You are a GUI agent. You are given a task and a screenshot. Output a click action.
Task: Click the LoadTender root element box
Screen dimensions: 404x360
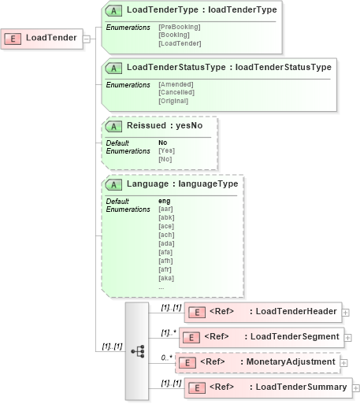click(43, 38)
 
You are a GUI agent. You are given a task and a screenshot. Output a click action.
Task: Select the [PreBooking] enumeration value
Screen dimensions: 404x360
click(179, 27)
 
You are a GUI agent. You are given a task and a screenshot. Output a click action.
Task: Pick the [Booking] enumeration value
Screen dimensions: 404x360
click(173, 35)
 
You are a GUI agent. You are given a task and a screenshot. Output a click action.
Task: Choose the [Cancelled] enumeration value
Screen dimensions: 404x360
click(176, 92)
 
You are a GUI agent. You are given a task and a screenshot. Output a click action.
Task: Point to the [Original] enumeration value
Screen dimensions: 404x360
click(174, 101)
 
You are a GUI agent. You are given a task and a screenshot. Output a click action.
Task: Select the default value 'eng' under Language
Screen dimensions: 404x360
click(165, 201)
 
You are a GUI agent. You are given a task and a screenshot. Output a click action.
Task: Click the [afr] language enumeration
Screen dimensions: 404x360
click(165, 269)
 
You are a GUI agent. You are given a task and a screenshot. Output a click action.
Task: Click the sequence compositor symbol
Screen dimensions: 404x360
click(137, 350)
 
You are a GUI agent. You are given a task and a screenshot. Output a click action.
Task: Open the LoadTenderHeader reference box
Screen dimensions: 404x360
click(265, 313)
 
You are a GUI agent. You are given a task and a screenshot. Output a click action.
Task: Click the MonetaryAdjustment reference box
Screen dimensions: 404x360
click(258, 362)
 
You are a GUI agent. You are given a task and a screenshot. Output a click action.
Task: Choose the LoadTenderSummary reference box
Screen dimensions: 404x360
click(268, 387)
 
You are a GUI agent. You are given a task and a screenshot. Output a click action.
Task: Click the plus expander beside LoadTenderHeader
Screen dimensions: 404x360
click(346, 313)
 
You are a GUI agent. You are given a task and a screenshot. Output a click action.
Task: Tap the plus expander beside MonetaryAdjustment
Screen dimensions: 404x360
click(344, 363)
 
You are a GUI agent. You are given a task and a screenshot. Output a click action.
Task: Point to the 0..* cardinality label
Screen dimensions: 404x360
click(165, 358)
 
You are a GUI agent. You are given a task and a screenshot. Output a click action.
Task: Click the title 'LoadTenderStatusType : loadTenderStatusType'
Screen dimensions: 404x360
click(228, 68)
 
